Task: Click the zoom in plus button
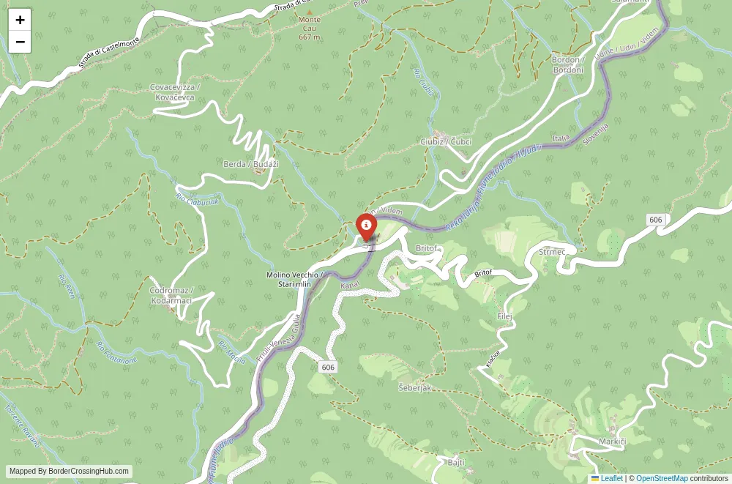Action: coord(20,20)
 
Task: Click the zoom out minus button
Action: coord(20,42)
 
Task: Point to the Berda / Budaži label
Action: coord(251,164)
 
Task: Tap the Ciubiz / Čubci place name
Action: coord(446,141)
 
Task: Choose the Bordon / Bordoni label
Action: coord(567,64)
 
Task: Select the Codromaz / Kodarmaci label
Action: coord(171,295)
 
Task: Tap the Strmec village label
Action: coord(552,252)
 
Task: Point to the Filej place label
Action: coord(504,316)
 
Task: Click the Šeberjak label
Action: coord(414,387)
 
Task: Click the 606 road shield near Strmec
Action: coord(655,220)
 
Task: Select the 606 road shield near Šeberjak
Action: coord(327,367)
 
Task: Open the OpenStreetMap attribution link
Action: coord(662,478)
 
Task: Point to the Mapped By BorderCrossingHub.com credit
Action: coord(70,472)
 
